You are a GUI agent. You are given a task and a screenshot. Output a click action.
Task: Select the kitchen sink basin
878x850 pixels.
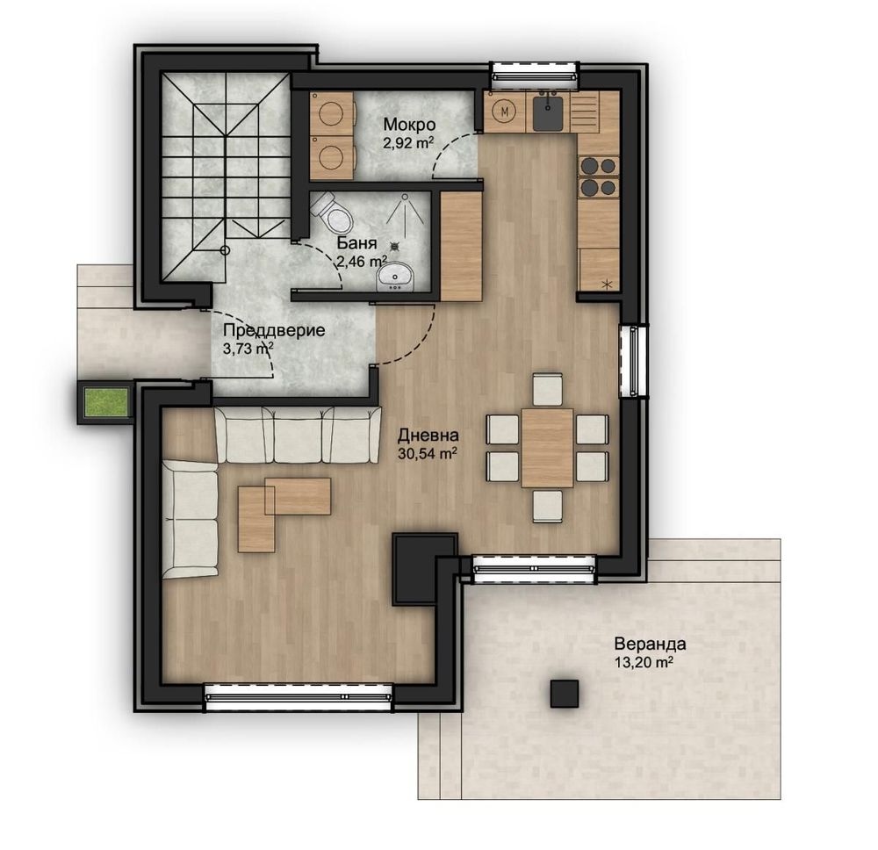548,112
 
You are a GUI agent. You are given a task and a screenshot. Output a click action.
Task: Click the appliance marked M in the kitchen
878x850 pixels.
505,111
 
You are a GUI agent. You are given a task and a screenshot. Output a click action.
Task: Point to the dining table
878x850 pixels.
548,448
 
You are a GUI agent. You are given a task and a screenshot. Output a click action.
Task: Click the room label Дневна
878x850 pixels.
428,435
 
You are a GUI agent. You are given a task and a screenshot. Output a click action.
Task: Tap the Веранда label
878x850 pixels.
650,644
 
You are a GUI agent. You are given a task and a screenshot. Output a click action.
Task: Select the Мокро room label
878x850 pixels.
409,124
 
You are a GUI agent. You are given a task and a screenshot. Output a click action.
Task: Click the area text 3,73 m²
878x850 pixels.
248,349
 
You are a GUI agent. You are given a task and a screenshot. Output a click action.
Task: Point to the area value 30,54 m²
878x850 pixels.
428,452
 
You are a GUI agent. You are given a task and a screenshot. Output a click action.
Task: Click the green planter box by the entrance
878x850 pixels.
105,403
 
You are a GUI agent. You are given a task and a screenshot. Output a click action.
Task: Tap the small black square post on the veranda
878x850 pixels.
565,693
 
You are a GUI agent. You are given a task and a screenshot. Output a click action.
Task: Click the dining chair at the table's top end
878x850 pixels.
548,389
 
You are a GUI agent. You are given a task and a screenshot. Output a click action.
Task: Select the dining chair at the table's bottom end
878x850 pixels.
548,506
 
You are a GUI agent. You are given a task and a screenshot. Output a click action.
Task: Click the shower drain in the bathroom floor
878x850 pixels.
396,245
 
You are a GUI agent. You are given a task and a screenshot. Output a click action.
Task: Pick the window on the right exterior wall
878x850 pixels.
634,361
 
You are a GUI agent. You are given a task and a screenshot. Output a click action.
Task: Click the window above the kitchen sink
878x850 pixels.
535,75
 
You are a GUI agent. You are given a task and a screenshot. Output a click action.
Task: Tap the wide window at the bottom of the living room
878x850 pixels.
299,697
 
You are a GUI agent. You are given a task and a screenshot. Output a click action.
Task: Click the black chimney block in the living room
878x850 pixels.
423,568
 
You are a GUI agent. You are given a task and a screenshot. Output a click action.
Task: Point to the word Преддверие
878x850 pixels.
274,330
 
